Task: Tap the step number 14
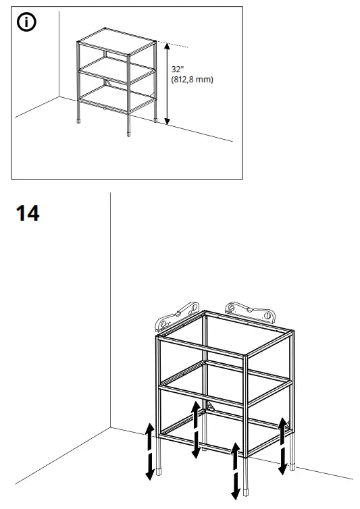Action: (27, 214)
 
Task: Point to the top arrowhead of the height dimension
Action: (167, 45)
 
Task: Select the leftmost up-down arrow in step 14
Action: (149, 451)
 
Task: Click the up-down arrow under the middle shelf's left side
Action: (195, 428)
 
